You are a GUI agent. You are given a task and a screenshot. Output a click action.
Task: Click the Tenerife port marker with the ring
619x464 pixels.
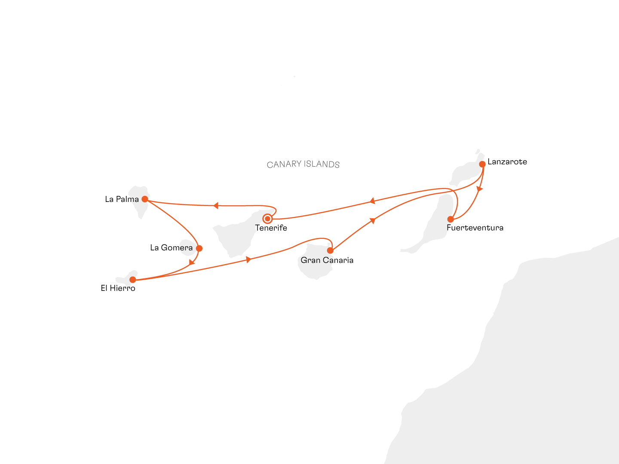(x=267, y=219)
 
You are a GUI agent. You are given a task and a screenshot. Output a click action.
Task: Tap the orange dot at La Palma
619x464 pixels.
(x=145, y=199)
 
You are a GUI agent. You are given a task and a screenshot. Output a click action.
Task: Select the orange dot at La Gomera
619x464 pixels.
(x=199, y=248)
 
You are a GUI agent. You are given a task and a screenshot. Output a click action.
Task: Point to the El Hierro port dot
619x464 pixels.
(x=132, y=280)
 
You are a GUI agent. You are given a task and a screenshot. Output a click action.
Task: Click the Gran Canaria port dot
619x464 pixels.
(x=330, y=250)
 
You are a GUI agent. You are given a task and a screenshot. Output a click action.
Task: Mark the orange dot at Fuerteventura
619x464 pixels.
(x=450, y=219)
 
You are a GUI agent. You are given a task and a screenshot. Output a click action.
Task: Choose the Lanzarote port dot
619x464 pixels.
(x=482, y=164)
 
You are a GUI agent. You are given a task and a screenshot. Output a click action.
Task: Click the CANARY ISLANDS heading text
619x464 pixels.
(x=303, y=164)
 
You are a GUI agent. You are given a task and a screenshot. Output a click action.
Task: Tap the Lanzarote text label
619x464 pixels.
(x=507, y=162)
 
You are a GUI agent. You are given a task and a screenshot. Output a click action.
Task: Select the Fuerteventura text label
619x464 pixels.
(x=475, y=228)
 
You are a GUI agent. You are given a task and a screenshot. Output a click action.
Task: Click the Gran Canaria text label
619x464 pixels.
(x=327, y=260)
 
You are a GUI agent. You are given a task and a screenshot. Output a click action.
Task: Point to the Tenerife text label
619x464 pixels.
(x=271, y=228)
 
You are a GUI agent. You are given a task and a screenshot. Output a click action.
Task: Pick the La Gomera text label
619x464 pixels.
(x=171, y=247)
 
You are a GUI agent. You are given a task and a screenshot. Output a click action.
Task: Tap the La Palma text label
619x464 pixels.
(x=122, y=199)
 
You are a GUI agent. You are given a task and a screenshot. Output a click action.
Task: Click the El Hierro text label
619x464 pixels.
(x=118, y=288)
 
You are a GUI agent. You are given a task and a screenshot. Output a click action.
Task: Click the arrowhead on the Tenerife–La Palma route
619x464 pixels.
(x=216, y=206)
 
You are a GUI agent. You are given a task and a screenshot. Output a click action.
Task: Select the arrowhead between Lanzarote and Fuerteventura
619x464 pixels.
(x=480, y=189)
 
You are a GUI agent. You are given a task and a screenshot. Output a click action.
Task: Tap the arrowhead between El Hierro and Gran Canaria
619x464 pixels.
(x=248, y=259)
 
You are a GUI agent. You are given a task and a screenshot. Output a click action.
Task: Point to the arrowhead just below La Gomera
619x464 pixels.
(x=192, y=262)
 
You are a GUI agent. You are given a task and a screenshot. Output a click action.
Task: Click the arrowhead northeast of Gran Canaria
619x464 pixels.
(x=373, y=220)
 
